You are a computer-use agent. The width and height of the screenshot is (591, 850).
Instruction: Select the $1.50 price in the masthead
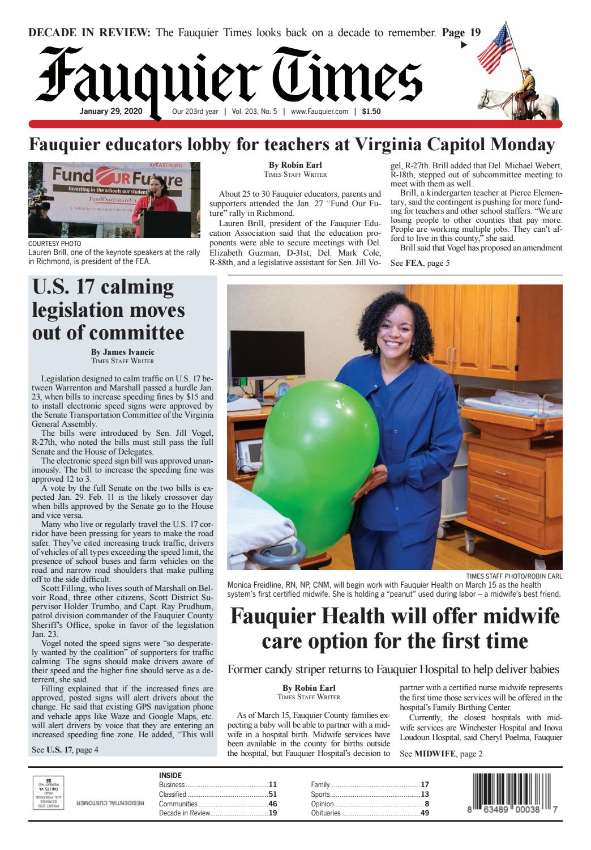371,112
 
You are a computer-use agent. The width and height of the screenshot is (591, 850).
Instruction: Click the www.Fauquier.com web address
320,112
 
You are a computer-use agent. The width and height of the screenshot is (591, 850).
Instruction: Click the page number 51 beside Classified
272,794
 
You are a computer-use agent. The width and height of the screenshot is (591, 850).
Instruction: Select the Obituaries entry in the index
326,814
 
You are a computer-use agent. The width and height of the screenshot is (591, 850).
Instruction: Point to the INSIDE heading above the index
170,775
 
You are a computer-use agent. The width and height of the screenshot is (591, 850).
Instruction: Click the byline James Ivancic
122,352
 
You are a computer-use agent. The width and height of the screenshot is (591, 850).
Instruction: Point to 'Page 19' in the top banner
461,32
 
